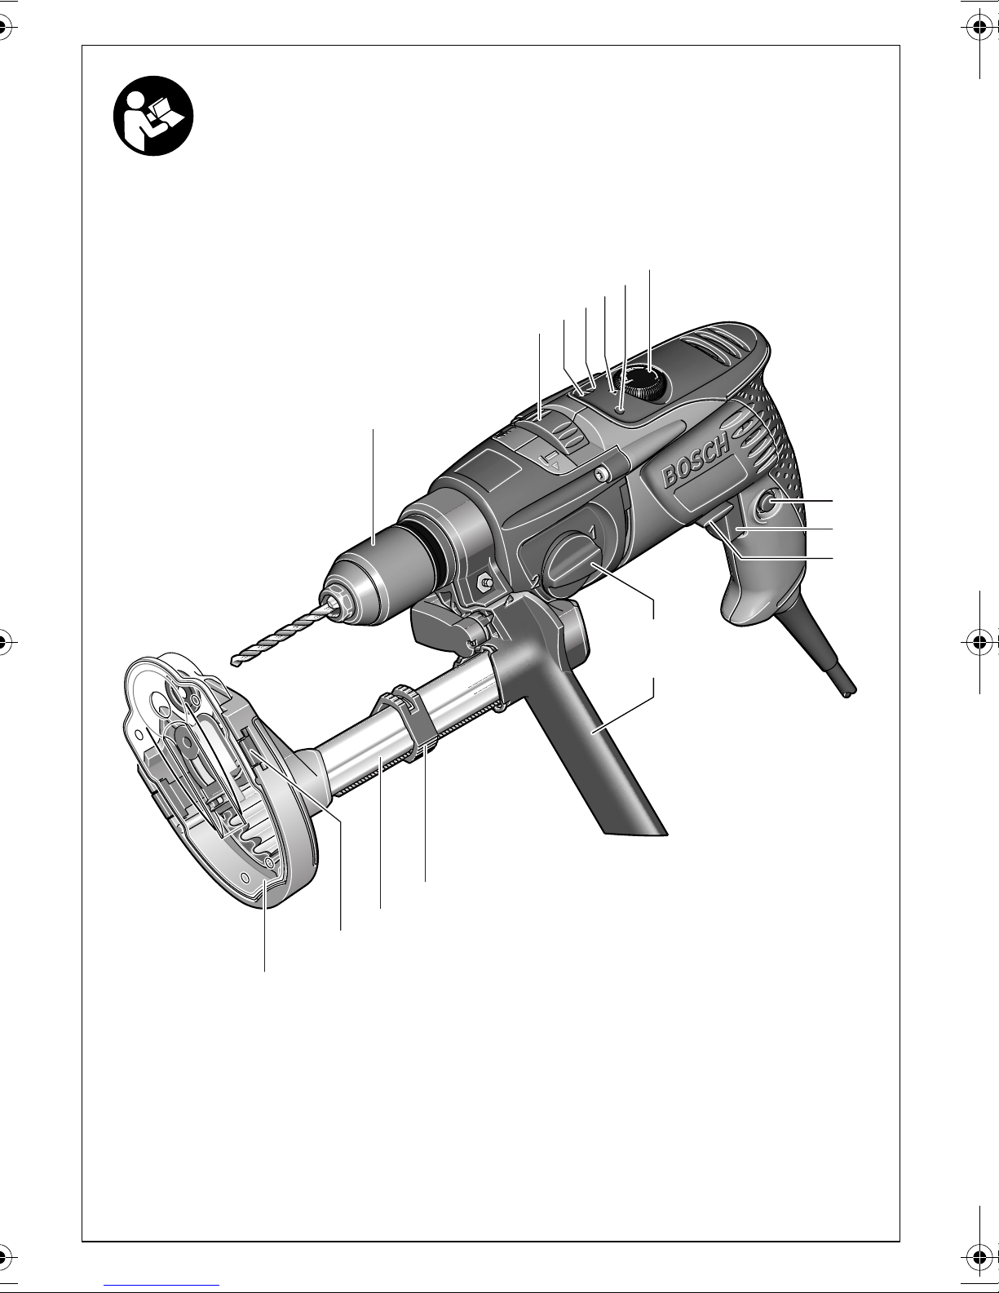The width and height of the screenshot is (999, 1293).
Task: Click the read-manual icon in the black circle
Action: tap(153, 116)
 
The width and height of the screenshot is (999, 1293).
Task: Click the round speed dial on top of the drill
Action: tap(643, 383)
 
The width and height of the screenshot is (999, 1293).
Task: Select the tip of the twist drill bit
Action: tap(233, 661)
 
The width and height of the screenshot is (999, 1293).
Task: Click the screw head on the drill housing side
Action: tap(603, 473)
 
